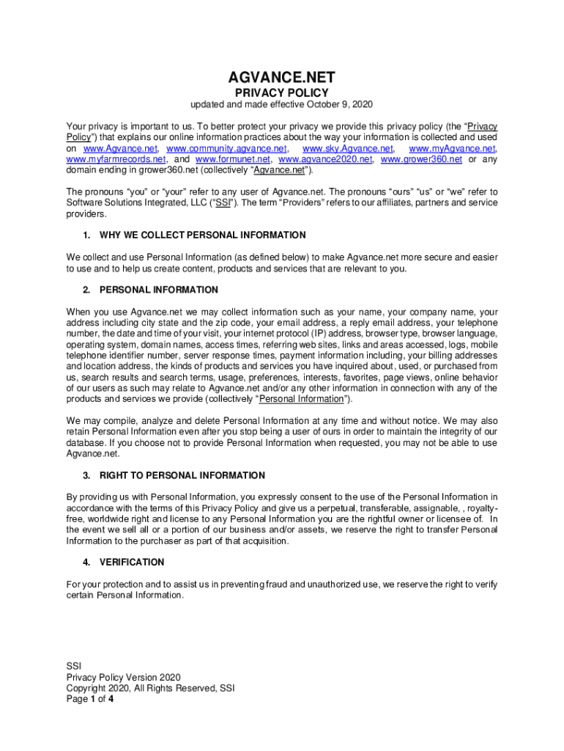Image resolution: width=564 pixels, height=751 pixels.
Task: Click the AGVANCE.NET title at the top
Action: point(281,77)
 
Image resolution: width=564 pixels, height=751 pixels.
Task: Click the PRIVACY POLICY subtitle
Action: point(281,93)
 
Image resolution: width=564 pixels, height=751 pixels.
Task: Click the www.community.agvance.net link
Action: point(226,148)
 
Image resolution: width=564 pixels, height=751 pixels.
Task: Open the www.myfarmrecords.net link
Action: point(116,159)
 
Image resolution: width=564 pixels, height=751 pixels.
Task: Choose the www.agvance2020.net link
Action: point(326,159)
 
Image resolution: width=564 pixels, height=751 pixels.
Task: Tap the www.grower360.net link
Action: point(422,159)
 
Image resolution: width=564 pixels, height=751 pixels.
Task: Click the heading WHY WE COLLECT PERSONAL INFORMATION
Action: point(203,235)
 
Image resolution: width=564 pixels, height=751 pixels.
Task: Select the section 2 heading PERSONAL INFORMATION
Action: point(159,290)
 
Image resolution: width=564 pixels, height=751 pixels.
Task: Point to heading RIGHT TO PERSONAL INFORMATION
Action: point(182,475)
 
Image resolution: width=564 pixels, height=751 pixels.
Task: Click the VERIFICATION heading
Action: point(132,563)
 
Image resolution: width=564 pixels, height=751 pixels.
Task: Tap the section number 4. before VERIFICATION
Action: point(87,563)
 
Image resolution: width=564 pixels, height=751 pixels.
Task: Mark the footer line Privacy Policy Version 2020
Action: point(123,678)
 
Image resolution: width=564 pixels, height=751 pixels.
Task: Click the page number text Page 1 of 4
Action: point(89,700)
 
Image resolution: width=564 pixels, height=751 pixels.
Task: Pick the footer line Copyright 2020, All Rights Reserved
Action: point(149,689)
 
